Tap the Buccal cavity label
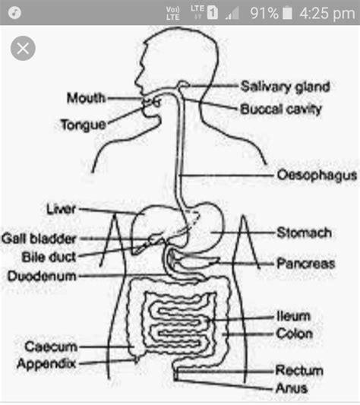click(x=281, y=109)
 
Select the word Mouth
click(x=86, y=98)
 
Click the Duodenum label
click(x=42, y=276)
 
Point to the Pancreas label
click(x=305, y=264)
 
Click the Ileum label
click(x=292, y=316)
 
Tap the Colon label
click(x=294, y=333)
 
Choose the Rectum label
click(x=298, y=371)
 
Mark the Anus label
click(x=291, y=388)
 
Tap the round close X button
click(x=24, y=50)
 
